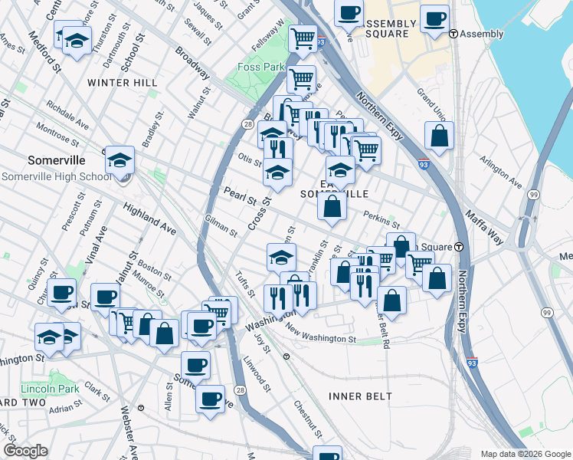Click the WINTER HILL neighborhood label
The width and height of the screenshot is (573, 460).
[123, 83]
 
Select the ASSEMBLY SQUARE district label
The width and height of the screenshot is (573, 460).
[391, 29]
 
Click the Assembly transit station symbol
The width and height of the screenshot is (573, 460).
[453, 34]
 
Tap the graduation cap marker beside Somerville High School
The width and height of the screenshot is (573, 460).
[120, 161]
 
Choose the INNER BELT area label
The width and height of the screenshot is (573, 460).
[360, 396]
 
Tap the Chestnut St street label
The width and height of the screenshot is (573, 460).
[301, 420]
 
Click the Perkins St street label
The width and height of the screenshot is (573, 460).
[381, 220]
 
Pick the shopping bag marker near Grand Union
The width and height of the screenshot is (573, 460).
[439, 136]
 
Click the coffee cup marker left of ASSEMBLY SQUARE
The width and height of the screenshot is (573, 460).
[349, 13]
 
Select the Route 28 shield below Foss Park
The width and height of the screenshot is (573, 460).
[247, 123]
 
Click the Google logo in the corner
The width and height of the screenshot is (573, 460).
[25, 451]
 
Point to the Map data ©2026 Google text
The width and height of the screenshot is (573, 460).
[525, 454]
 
